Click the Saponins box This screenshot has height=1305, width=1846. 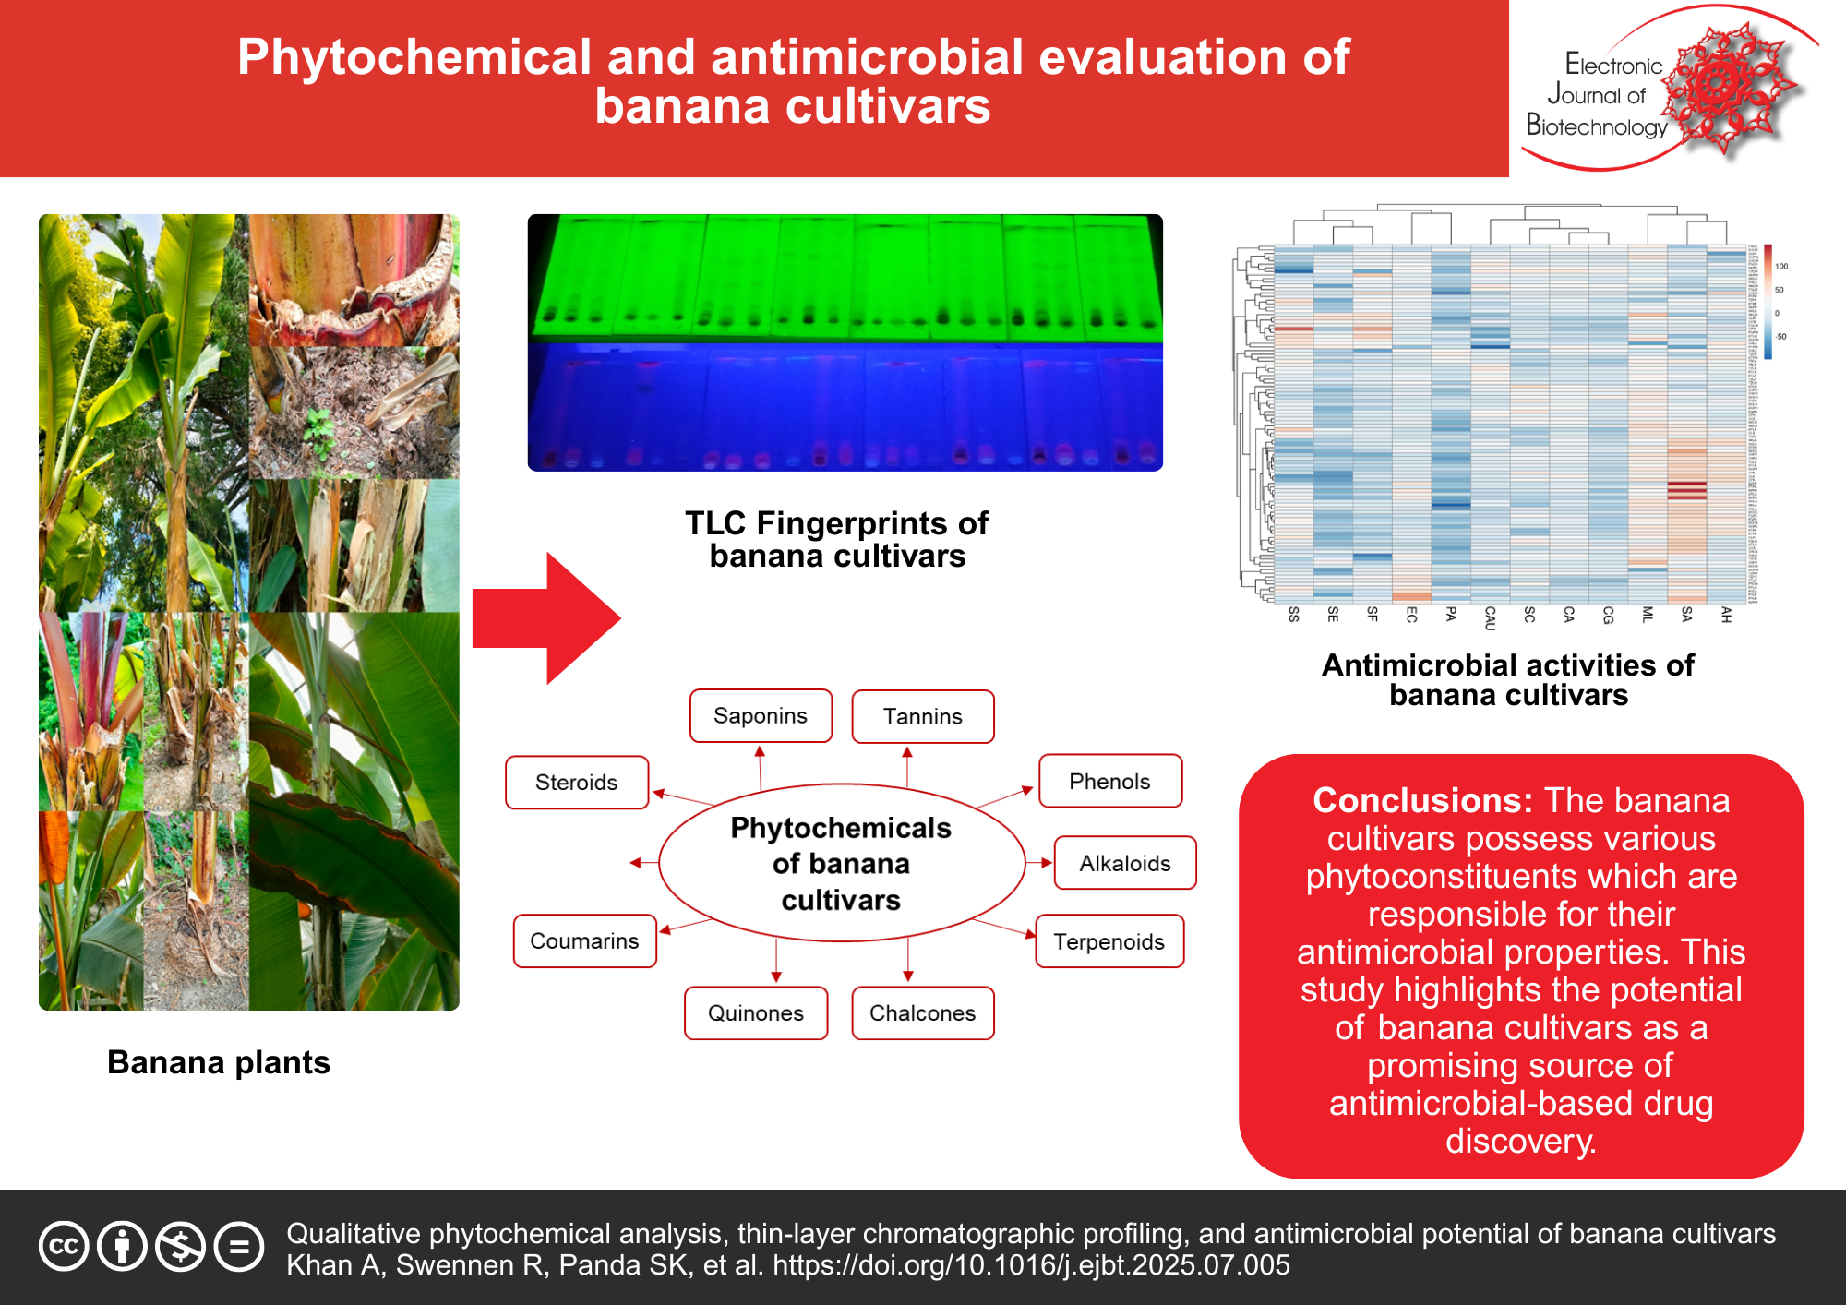click(x=761, y=716)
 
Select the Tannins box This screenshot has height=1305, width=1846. click(x=922, y=717)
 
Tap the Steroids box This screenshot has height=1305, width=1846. click(x=577, y=783)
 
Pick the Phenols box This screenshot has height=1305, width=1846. click(x=1109, y=782)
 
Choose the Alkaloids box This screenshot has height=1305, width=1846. click(x=1124, y=864)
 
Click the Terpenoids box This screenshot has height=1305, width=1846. click(x=1109, y=941)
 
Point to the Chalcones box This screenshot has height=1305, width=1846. click(x=922, y=1013)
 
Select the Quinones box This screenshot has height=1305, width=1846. click(x=755, y=1013)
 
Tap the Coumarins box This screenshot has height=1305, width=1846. click(x=584, y=941)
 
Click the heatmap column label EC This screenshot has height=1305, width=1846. click(x=1411, y=616)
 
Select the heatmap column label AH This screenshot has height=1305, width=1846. click(x=1725, y=616)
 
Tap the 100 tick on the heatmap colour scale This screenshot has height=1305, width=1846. click(x=1781, y=267)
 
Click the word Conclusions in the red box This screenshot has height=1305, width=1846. click(x=1421, y=800)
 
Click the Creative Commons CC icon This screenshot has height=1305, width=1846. click(x=64, y=1247)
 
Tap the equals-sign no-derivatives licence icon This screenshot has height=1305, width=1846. click(x=239, y=1247)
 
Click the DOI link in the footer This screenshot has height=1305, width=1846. click(x=1031, y=1265)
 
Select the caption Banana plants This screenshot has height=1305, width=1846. click(x=219, y=1062)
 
